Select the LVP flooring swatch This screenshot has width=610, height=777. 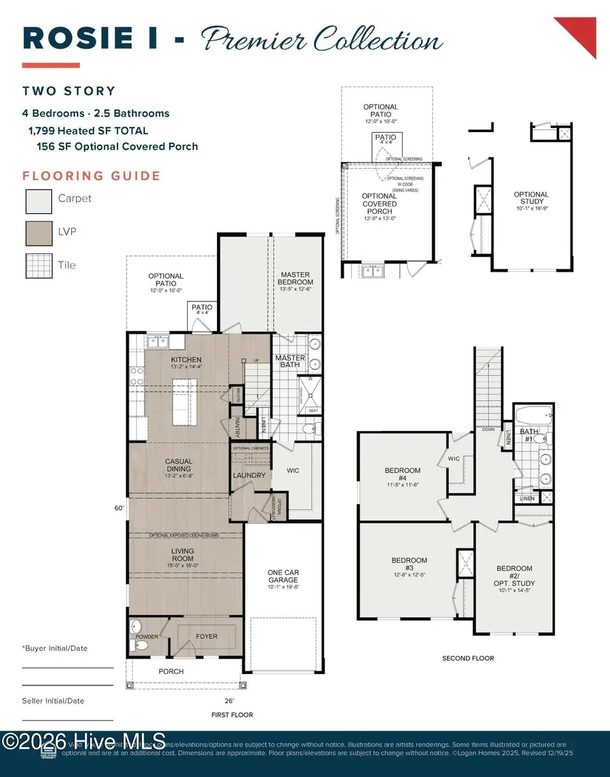click(38, 232)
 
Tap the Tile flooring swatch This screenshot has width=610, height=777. click(38, 266)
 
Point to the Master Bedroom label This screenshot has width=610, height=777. click(296, 278)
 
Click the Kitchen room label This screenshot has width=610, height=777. click(186, 360)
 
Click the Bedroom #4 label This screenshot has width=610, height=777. click(403, 474)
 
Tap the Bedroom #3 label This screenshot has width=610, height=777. click(409, 564)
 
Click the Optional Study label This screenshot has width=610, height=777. click(531, 199)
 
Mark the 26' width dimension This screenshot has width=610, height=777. click(229, 701)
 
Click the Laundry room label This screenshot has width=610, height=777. click(249, 476)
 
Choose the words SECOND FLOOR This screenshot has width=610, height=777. click(468, 658)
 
